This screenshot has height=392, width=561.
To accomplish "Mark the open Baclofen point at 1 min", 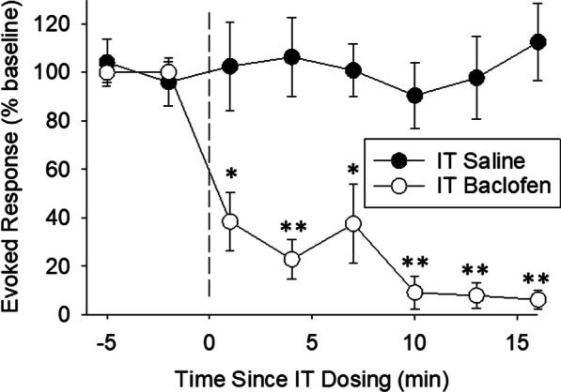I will coord(229,222).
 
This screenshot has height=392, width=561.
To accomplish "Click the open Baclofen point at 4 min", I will coord(291,259).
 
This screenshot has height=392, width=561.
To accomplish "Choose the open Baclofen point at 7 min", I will coord(353,223).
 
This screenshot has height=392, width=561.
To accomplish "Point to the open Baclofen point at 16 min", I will coord(538,299).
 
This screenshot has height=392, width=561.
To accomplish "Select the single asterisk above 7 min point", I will coord(353,171).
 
